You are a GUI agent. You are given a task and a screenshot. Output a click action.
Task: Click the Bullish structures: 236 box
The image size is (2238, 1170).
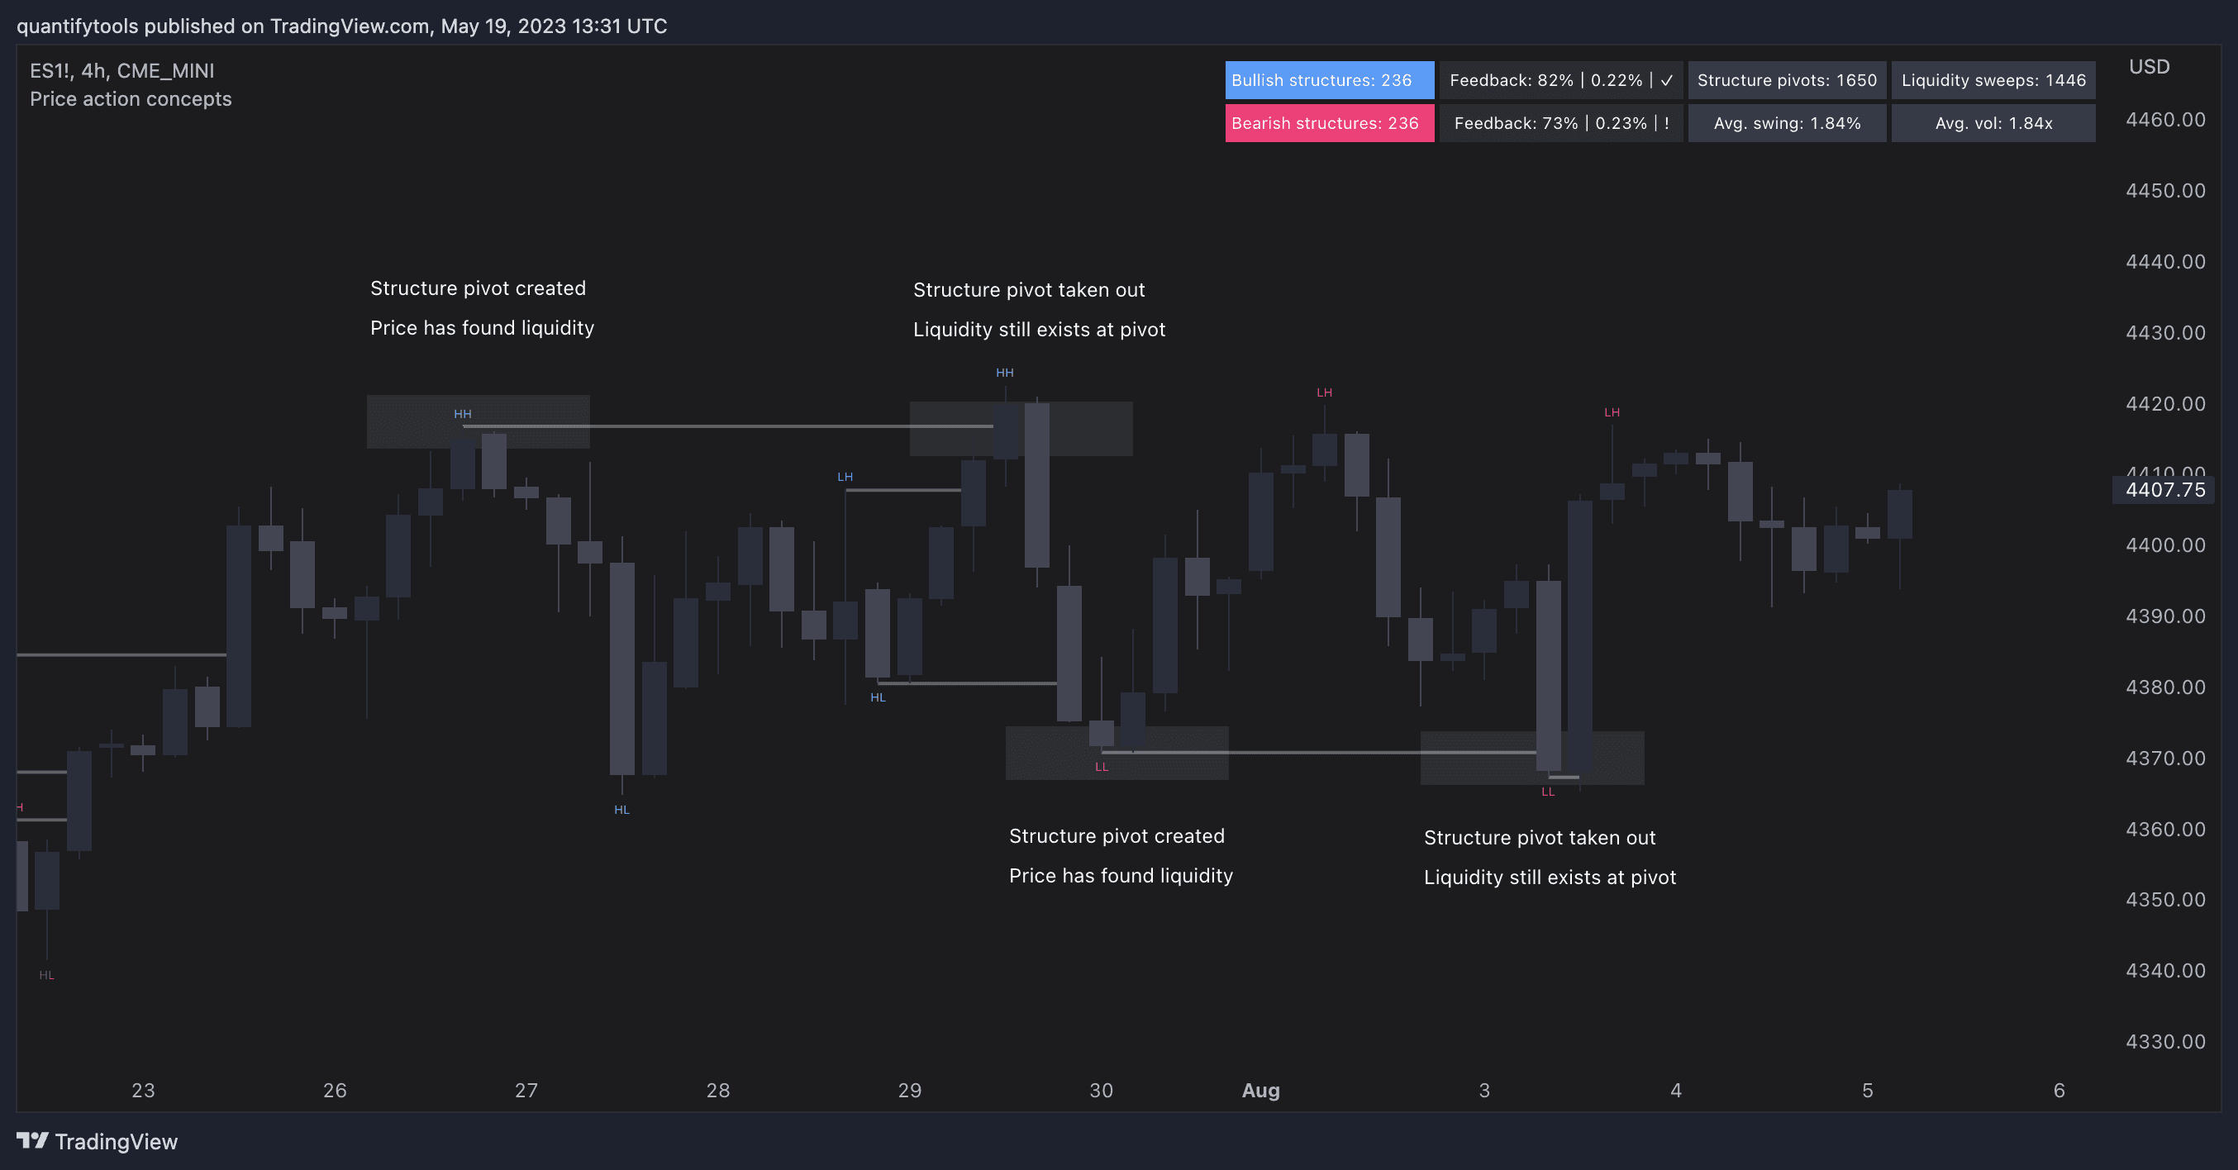[1329, 80]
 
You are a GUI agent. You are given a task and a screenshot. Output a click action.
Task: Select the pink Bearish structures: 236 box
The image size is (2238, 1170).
[1329, 123]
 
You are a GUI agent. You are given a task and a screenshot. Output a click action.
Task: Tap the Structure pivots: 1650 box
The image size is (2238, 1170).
[1787, 80]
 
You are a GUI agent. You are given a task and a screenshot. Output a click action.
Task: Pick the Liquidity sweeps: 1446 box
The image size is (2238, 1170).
[1993, 80]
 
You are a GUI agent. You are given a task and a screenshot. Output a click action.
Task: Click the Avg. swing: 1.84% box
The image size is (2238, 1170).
[1787, 123]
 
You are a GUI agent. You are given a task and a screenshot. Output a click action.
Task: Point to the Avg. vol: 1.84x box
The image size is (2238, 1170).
[1993, 123]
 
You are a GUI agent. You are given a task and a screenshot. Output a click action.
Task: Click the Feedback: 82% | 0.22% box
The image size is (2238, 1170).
[1561, 80]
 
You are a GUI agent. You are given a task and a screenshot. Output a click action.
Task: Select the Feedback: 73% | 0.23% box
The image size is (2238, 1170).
[1561, 123]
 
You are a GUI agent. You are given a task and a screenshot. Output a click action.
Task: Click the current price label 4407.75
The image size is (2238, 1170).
[2164, 490]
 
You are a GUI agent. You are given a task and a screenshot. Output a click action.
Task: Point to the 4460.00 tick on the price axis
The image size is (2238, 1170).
[2165, 120]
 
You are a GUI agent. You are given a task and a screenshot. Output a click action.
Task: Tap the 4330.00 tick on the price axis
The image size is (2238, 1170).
[2165, 1041]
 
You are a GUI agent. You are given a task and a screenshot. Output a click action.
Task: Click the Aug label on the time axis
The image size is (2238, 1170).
[1260, 1090]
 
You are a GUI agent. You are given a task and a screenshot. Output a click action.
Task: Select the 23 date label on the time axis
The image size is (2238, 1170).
[143, 1090]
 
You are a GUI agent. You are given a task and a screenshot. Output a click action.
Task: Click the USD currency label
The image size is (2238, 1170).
[2150, 67]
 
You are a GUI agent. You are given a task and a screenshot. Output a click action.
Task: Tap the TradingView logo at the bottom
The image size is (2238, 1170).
[98, 1141]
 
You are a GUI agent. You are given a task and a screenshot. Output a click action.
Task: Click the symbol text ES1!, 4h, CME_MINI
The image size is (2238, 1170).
[121, 70]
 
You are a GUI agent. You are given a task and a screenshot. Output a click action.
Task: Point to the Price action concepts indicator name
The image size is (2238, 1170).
[131, 99]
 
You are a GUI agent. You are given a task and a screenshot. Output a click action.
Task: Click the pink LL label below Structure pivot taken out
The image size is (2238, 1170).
[1547, 792]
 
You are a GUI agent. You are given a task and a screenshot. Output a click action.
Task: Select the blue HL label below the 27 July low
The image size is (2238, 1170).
[621, 810]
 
